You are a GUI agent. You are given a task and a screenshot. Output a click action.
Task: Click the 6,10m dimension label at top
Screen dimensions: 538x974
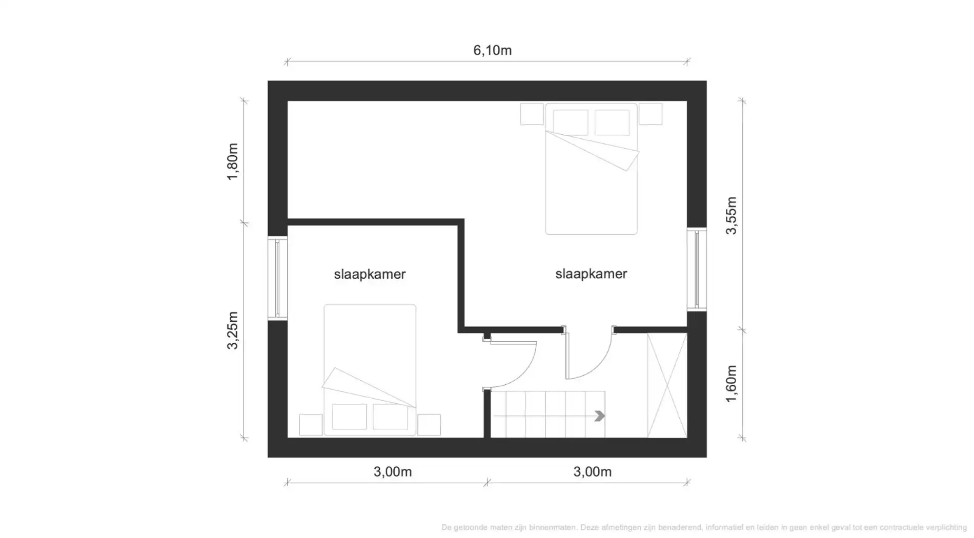pos(492,50)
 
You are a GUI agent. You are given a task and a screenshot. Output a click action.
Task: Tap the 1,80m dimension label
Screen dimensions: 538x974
pos(233,161)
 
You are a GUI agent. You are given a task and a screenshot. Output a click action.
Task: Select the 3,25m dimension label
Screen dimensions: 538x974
pos(233,330)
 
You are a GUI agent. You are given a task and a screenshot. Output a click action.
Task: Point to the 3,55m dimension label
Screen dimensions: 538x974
pos(732,215)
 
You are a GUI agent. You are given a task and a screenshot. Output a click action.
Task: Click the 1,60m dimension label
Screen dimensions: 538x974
pos(732,383)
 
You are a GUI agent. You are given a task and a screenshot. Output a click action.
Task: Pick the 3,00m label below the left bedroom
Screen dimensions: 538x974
pos(392,471)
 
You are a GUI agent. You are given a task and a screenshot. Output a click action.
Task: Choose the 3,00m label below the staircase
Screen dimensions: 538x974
pos(592,471)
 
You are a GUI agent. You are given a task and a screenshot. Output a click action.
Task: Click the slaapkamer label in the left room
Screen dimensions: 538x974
pos(370,274)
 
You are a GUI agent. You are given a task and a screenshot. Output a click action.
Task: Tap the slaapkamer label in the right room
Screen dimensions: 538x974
pos(591,274)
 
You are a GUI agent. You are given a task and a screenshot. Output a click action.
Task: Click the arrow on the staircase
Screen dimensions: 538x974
pos(599,416)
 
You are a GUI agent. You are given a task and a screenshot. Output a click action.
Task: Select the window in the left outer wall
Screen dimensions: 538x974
pos(277,278)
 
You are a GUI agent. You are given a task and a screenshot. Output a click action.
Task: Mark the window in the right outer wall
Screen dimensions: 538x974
pos(697,269)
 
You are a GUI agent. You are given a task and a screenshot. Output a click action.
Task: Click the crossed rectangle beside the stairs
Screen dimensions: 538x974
pos(667,385)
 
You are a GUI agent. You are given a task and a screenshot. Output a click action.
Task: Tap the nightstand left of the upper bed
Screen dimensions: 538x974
pos(532,114)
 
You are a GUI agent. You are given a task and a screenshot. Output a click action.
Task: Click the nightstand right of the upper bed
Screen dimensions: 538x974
pos(651,114)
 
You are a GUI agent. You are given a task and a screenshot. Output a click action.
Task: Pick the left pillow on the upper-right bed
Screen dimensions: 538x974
pos(571,122)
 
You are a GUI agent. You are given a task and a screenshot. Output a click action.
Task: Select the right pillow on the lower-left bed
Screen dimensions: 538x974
pos(390,416)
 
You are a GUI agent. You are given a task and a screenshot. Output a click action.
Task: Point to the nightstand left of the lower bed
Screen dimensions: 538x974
pos(311,425)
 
